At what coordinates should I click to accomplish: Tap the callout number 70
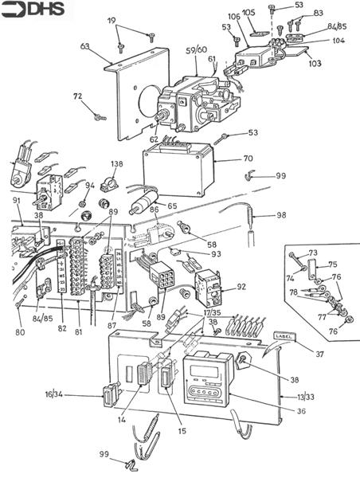[248, 159]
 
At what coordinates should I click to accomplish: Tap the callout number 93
[215, 254]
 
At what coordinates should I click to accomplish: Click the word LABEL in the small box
[284, 335]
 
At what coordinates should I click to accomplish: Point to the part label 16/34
[77, 394]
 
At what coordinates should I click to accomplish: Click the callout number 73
[312, 252]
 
